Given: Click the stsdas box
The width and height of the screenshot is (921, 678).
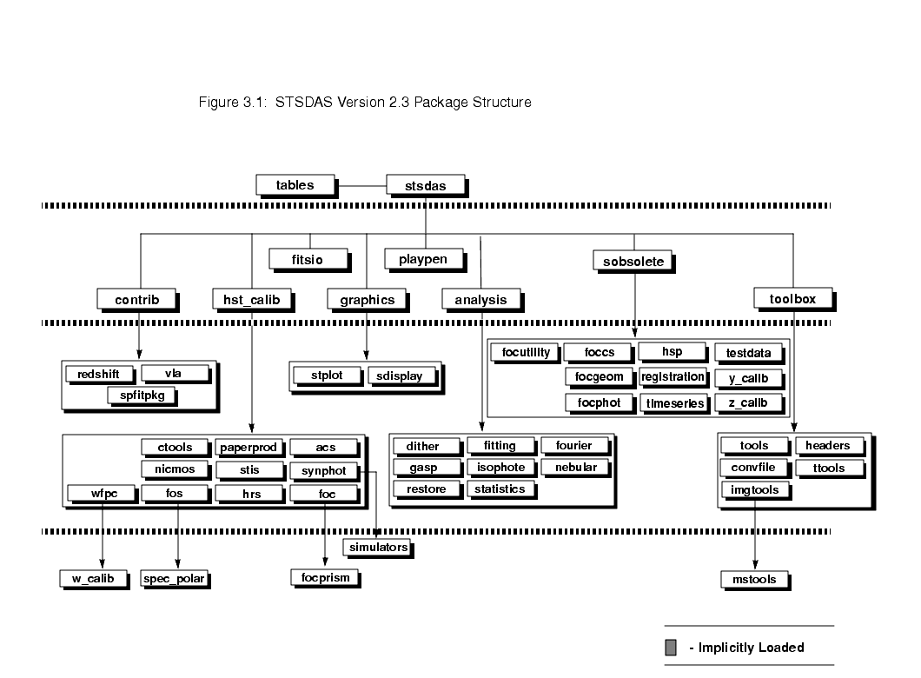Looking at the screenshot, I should tap(424, 185).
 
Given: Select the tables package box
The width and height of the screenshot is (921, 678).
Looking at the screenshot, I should tap(295, 184).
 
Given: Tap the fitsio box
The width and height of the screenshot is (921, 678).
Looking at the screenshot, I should tap(308, 259).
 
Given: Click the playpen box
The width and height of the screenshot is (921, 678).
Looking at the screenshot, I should tap(423, 259).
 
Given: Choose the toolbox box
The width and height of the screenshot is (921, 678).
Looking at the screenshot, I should tap(792, 299).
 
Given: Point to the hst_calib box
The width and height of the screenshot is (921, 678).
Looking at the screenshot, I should tap(250, 300).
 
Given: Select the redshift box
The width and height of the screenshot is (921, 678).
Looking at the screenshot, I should tap(99, 374).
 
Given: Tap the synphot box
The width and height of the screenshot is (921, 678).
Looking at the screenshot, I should tap(323, 470).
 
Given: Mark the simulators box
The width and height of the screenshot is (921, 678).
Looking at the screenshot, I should tap(376, 548).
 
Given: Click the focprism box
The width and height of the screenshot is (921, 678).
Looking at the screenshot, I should tap(323, 576).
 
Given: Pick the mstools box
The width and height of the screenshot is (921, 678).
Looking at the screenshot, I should tap(753, 579).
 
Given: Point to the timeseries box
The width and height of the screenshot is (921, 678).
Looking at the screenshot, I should tap(674, 403).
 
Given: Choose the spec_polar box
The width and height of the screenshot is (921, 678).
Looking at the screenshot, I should tap(176, 579).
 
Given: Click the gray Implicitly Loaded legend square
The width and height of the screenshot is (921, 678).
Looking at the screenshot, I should tap(671, 648).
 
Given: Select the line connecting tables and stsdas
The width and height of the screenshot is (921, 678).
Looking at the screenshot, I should tap(361, 185).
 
